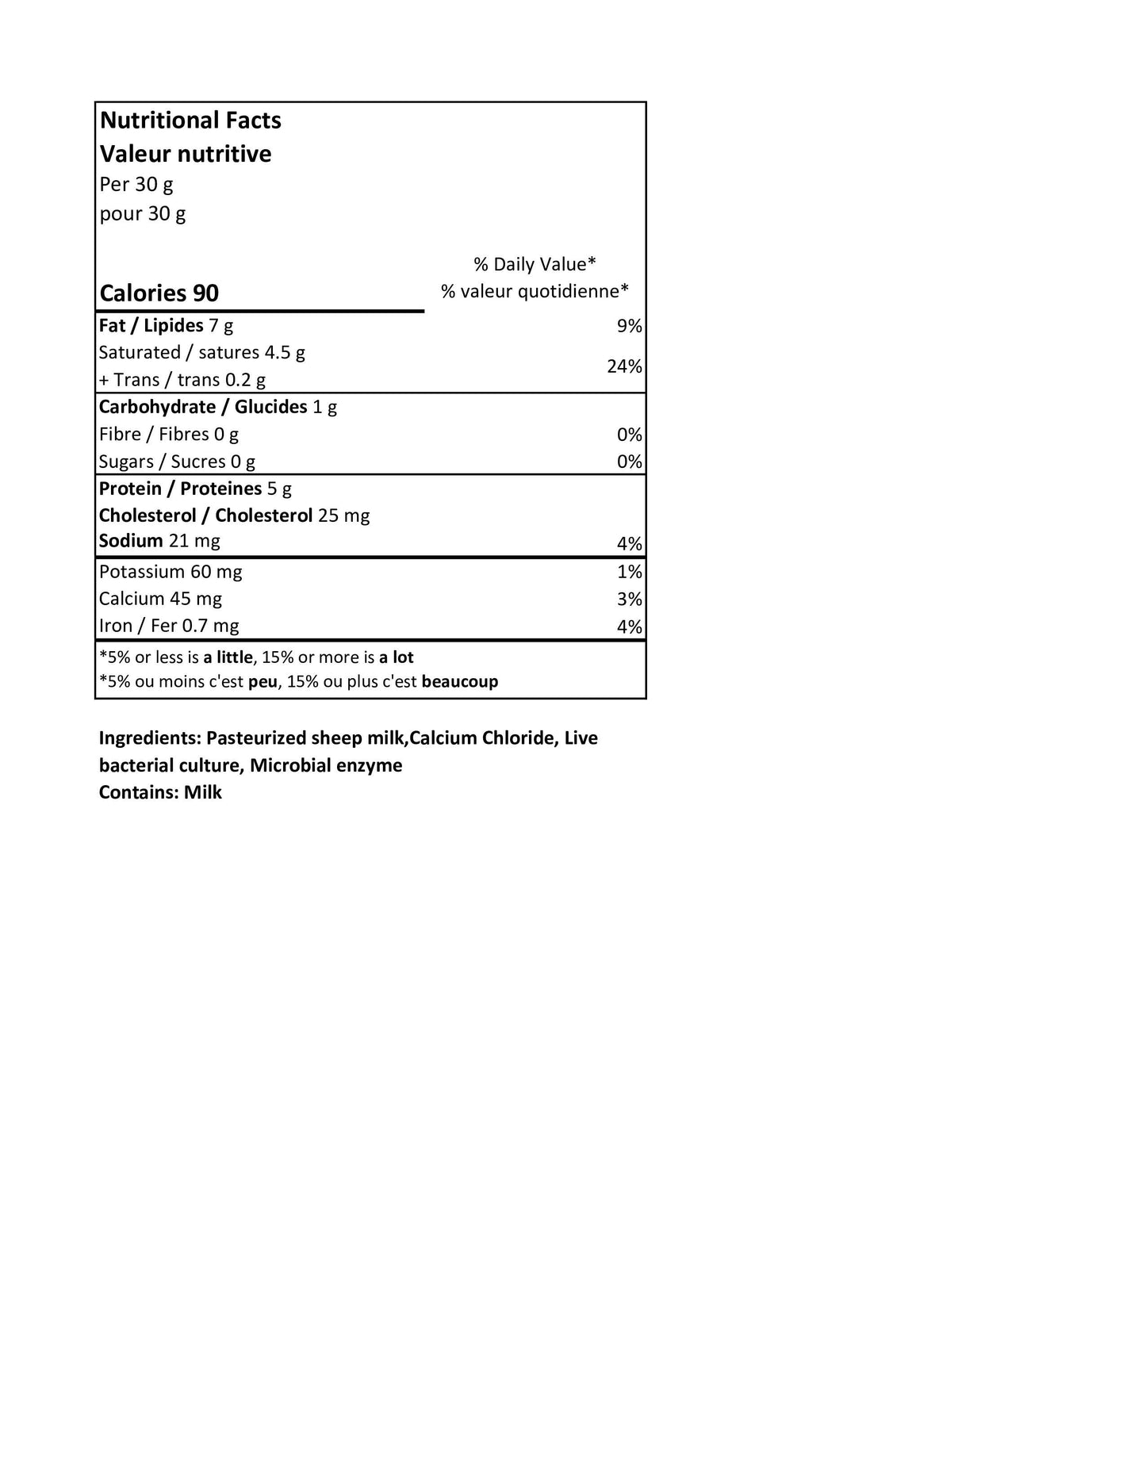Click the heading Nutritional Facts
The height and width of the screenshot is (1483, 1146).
click(x=190, y=121)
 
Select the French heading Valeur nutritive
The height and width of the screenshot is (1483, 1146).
click(x=186, y=154)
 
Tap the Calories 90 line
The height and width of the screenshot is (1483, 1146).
click(x=159, y=293)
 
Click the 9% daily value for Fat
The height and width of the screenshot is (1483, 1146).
click(x=630, y=326)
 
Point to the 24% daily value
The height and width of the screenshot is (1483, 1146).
click(x=624, y=366)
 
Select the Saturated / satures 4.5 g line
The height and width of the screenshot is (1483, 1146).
click(x=202, y=353)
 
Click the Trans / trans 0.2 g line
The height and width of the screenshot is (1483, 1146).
click(x=182, y=380)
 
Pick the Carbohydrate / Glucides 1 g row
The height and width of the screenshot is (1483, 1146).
click(x=218, y=407)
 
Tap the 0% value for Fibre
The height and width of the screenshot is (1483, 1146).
click(x=630, y=435)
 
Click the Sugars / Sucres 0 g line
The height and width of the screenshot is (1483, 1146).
click(x=177, y=462)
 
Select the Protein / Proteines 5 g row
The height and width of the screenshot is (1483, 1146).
click(x=195, y=489)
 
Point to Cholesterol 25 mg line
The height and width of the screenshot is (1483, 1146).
click(x=234, y=515)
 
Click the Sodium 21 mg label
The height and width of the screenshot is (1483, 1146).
click(x=159, y=541)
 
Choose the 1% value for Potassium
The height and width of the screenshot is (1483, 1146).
click(x=630, y=572)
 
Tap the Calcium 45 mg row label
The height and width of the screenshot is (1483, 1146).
click(x=160, y=599)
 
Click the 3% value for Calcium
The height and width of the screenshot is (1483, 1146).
click(x=630, y=600)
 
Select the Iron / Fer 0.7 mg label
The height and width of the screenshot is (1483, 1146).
click(x=169, y=626)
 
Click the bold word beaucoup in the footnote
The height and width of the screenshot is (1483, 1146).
click(x=460, y=681)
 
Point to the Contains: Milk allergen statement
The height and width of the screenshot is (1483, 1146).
click(x=160, y=792)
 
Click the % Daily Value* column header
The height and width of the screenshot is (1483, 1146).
click(x=535, y=264)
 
